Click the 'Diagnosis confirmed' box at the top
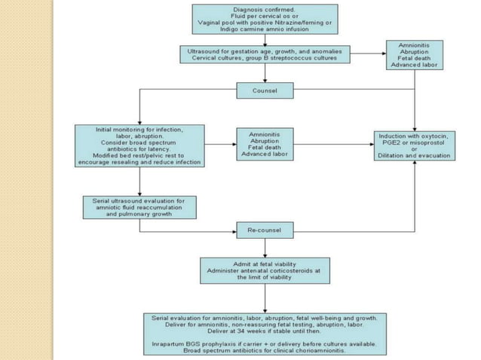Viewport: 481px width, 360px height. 264,19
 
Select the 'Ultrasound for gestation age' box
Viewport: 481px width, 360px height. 264,55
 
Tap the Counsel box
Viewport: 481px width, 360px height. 264,91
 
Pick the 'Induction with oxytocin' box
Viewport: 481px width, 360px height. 415,145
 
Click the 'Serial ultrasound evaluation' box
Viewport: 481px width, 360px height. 139,207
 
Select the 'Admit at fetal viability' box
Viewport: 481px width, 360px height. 264,269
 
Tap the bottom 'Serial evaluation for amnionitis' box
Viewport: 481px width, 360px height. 264,331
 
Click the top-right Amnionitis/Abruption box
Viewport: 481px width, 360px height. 415,55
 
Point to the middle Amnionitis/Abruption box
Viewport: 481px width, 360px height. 265,143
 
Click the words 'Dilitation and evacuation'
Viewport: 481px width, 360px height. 415,155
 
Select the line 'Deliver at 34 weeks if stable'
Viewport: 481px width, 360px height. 264,330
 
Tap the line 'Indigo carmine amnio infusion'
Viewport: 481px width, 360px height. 264,29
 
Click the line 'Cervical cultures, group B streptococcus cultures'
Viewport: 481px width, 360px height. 264,59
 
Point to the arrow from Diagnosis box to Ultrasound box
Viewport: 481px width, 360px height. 264,40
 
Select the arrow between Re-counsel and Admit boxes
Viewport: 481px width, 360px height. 264,247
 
